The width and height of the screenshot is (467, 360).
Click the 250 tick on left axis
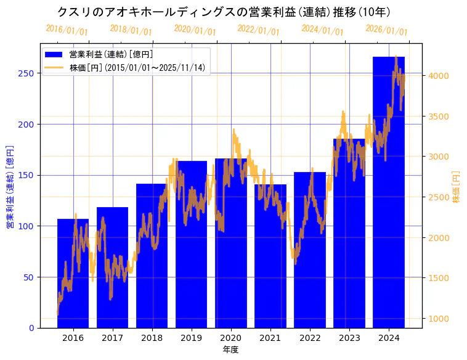point(26,73)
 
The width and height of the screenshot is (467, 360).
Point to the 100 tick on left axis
point(26,226)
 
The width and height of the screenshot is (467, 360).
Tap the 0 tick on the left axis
point(31,328)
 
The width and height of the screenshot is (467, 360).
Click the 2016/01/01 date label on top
point(67,30)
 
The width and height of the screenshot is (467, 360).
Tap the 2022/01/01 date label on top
point(258,30)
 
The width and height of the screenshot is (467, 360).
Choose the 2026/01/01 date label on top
point(386,30)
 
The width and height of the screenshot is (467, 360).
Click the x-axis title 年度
point(230,350)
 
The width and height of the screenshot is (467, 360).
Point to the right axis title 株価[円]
point(456,187)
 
